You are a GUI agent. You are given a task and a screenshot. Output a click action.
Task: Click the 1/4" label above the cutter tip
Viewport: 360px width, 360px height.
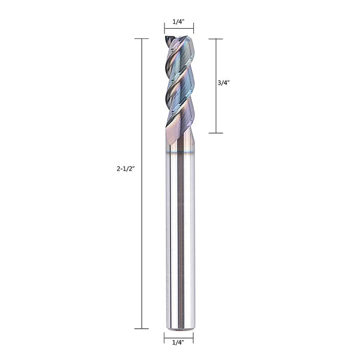tap(178, 22)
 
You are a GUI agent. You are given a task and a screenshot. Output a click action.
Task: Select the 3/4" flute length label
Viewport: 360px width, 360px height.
tap(223, 84)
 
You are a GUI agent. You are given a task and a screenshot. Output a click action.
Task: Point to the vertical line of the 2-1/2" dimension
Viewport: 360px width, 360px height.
tap(142, 240)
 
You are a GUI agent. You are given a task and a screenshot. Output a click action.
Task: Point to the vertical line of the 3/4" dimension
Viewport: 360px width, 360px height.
tap(215, 108)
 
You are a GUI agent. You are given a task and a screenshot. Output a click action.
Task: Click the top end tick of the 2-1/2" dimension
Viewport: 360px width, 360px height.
tap(142, 39)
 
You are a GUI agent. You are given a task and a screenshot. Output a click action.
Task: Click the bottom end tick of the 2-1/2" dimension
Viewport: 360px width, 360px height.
tap(142, 328)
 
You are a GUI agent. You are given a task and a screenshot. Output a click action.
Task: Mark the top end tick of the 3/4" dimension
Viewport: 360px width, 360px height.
tap(215, 39)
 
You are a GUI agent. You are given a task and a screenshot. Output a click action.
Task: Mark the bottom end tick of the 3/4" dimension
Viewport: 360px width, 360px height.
tap(215, 133)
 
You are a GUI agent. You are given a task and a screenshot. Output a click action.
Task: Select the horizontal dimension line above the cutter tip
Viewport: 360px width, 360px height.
tap(179, 29)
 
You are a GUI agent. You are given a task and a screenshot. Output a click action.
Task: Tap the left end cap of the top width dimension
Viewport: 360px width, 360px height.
tap(164, 29)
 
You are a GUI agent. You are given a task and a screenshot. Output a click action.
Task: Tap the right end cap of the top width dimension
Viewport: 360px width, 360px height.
tap(193, 29)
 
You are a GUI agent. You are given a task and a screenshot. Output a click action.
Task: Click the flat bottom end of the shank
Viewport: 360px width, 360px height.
tap(179, 328)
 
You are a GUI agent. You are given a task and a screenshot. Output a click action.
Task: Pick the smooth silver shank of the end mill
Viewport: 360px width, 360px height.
tap(179, 240)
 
